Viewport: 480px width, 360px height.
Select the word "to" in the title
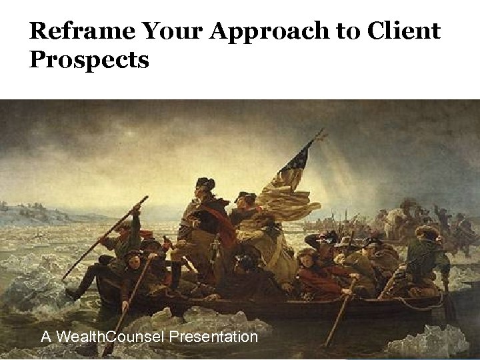coord(341,32)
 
